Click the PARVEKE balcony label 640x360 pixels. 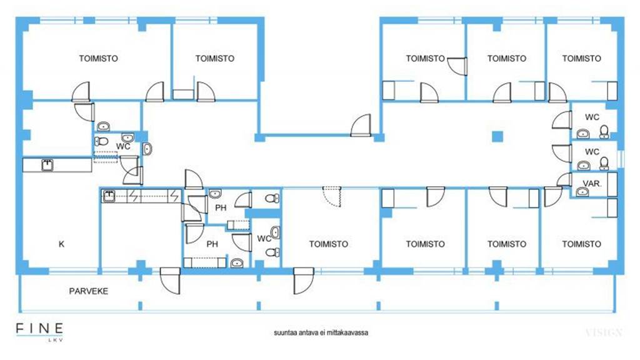pos(89,291)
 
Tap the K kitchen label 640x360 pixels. pos(62,244)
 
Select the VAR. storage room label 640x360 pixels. pos(592,184)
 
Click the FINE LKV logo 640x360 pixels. pos(39,331)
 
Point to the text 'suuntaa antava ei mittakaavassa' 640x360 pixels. pos(321,332)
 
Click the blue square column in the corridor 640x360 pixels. pos(497,136)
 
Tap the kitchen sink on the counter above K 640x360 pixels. pos(47,165)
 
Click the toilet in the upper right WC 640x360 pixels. pos(604,131)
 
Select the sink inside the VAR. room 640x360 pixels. pos(582,191)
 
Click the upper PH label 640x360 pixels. pos(221,207)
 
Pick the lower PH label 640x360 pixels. pos(212,244)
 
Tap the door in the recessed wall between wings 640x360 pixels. pos(361,125)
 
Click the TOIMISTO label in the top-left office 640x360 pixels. pos(98,58)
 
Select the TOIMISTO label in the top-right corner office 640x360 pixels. pos(582,58)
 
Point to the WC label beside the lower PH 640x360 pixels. pos(264,238)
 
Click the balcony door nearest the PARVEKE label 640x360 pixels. pos(170,281)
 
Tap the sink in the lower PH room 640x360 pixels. pos(237,263)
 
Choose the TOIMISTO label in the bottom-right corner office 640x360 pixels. pos(582,244)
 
